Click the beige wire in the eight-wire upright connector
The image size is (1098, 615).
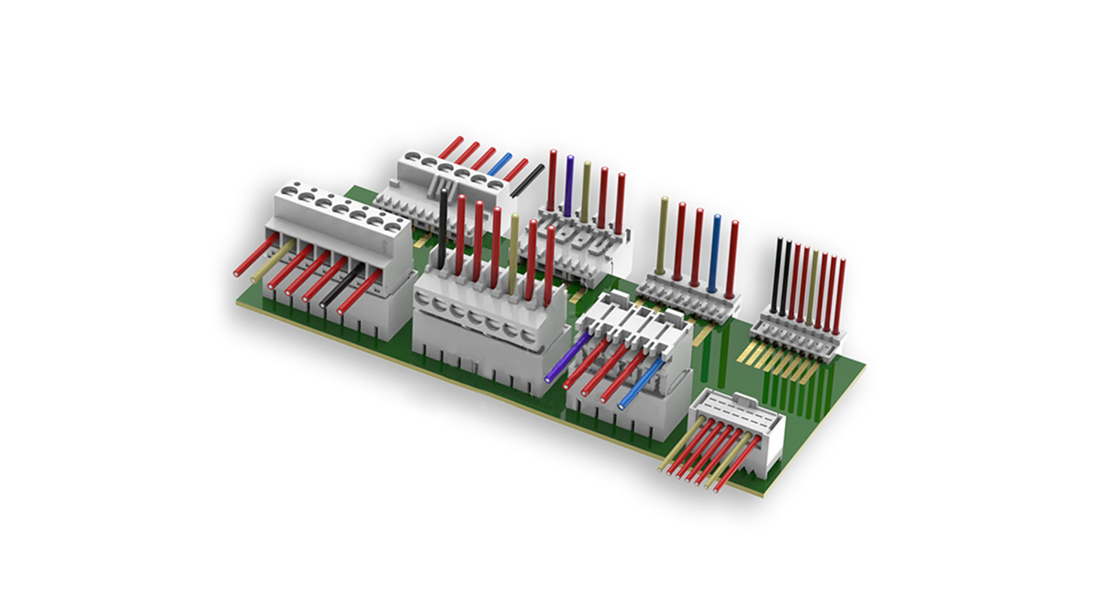[814, 286]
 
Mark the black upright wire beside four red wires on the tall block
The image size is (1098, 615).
[443, 226]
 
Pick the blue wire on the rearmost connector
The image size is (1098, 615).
[499, 164]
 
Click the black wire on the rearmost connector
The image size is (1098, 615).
[526, 180]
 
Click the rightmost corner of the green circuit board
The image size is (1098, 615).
[865, 366]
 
